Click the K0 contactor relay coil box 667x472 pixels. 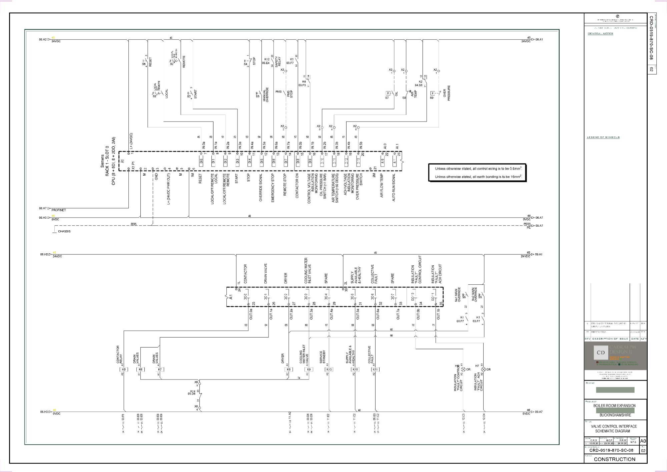(x=124, y=370)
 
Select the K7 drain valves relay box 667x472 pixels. (x=160, y=370)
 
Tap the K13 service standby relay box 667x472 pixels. (x=329, y=370)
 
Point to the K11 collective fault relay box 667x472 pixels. (x=375, y=370)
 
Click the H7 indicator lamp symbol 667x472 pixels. (x=484, y=369)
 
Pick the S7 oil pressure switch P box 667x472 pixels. (x=388, y=93)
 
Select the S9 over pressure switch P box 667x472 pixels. (x=433, y=93)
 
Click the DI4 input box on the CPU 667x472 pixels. (x=249, y=161)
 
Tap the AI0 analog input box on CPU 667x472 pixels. (x=383, y=161)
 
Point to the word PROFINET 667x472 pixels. (x=59, y=210)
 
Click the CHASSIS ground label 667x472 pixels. (x=64, y=231)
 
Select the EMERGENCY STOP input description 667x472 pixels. (x=273, y=188)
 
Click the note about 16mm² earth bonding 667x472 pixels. (x=478, y=177)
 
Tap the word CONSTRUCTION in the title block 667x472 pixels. (x=614, y=459)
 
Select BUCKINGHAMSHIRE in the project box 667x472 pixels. (x=615, y=415)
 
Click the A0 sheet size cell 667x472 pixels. (x=643, y=441)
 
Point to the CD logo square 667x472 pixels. (x=601, y=352)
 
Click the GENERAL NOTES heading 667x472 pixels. (x=600, y=34)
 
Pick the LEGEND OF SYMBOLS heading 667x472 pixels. (x=603, y=137)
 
